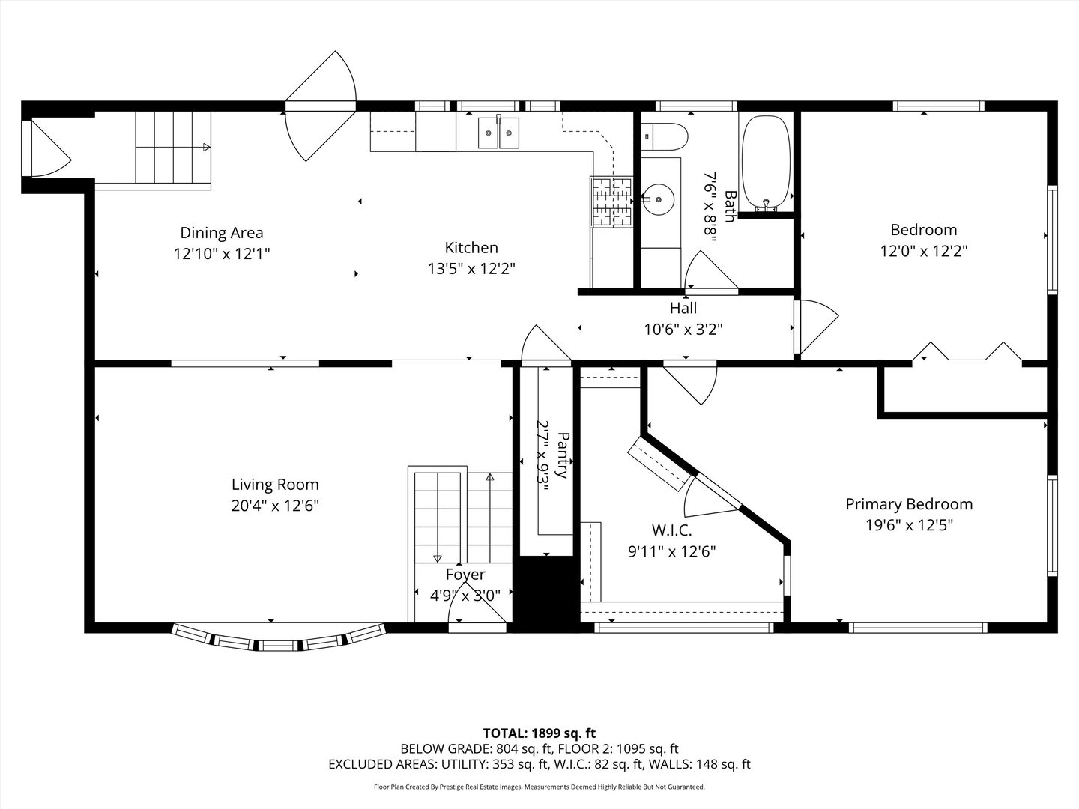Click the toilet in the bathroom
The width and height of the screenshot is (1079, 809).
coord(664,136)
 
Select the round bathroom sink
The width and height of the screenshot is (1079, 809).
coord(659,199)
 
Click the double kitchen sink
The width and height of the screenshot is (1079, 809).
coord(498,132)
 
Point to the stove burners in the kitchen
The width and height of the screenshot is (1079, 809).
coord(611,202)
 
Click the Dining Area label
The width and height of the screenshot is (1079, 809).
coord(222,233)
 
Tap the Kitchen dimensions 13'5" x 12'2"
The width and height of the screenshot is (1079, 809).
coord(471,269)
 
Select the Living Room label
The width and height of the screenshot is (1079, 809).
coord(275,485)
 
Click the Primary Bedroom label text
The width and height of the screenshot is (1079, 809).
coord(909,504)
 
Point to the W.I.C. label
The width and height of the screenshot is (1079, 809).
coord(672,530)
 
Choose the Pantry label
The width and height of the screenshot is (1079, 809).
coord(563,455)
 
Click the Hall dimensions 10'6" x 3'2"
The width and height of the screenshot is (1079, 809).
coord(683,329)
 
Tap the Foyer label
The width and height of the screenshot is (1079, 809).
coord(465,575)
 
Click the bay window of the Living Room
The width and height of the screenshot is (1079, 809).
coord(279,638)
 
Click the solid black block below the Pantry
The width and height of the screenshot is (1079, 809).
coord(547,594)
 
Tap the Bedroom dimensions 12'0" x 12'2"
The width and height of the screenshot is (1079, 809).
coord(924,252)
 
